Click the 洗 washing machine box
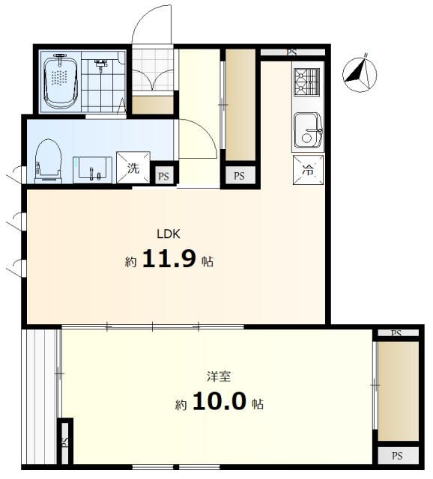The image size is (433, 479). (133, 168)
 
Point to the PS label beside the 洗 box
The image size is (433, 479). (163, 177)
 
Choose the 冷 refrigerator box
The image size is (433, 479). (309, 169)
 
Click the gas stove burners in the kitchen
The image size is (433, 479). (306, 82)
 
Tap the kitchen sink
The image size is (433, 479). (307, 129)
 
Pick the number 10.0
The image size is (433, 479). (219, 403)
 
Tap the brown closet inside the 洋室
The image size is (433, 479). (398, 391)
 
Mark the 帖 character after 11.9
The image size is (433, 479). (207, 262)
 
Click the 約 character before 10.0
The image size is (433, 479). (181, 405)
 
